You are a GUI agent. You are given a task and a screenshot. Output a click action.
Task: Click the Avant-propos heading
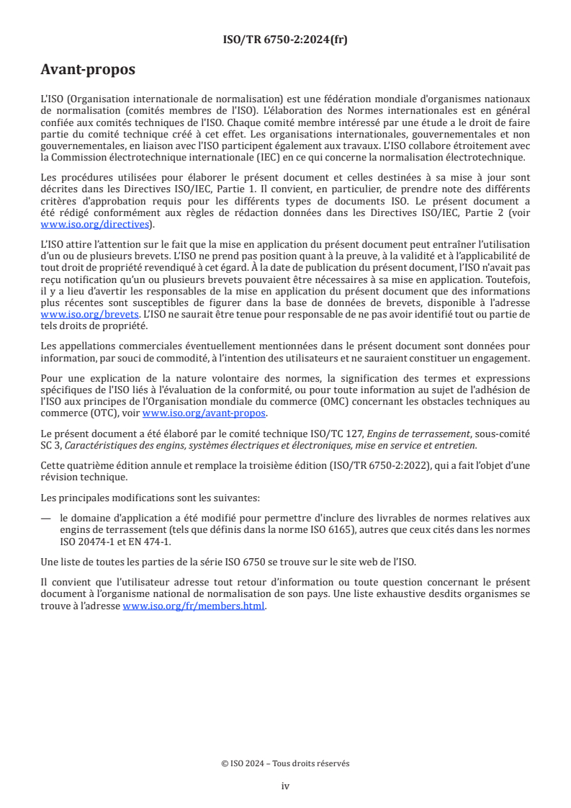click(x=88, y=70)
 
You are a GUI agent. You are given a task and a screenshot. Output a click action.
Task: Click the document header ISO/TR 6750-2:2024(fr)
click(x=285, y=40)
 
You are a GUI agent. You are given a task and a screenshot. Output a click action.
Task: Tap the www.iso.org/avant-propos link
click(x=204, y=413)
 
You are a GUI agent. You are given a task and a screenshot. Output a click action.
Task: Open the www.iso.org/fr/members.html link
click(x=194, y=606)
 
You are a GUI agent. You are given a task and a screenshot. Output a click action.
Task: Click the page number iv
click(x=285, y=786)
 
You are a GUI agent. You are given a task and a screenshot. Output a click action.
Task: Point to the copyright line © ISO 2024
click(x=285, y=763)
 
